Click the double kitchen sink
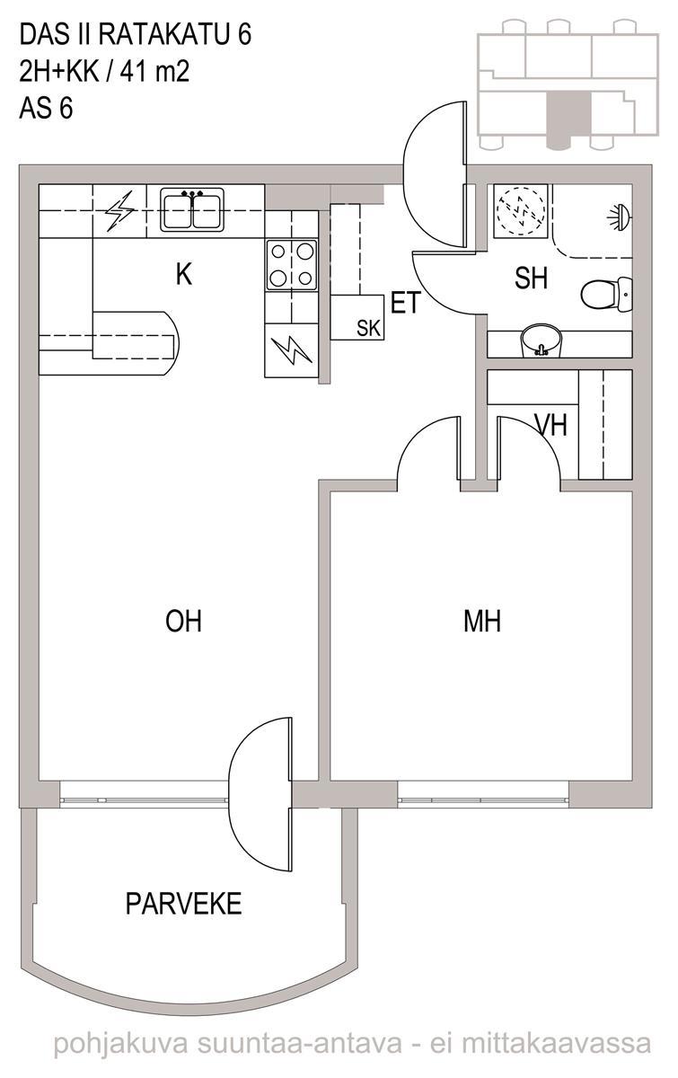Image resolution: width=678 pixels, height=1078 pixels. click(192, 210)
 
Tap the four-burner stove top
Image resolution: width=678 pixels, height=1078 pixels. click(292, 265)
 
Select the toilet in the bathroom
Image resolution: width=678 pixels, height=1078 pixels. click(606, 294)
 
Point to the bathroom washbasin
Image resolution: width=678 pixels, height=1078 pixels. click(542, 340)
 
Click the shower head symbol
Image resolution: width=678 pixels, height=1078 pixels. click(620, 216)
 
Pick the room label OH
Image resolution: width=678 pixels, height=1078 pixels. click(183, 622)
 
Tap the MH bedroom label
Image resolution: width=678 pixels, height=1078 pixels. click(482, 622)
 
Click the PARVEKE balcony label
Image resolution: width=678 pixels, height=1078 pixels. click(183, 904)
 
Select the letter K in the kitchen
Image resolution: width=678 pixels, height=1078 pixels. click(184, 275)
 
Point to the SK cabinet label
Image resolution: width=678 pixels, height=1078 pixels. click(368, 328)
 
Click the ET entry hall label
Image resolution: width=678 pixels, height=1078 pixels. click(406, 304)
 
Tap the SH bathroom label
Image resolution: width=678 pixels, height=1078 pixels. click(532, 278)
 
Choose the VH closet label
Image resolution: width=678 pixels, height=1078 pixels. click(551, 426)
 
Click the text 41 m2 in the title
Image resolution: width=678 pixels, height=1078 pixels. click(154, 72)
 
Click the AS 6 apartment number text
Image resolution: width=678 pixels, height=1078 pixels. click(46, 108)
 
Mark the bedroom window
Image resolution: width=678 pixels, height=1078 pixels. click(483, 800)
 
